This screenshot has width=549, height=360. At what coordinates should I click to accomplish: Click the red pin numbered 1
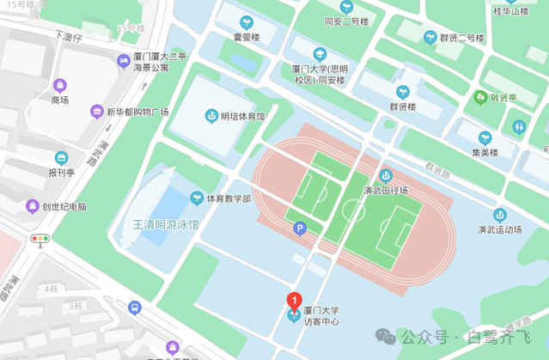(x=294, y=302)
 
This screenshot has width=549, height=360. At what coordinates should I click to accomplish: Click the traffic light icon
(x=40, y=238)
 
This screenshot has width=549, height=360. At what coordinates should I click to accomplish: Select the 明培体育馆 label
(x=241, y=116)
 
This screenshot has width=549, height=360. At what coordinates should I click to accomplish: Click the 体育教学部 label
(x=229, y=198)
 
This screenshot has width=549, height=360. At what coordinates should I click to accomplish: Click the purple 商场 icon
(x=59, y=85)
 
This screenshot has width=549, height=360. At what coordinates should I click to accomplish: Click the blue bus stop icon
(x=134, y=307)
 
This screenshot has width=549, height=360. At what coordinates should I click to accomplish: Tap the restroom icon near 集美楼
(x=518, y=126)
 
